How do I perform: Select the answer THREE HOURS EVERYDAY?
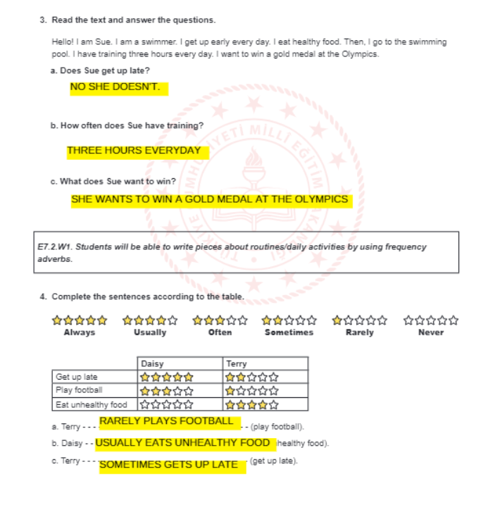coord(134,151)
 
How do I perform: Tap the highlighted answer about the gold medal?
coord(209,199)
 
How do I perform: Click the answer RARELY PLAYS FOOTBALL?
coord(166,421)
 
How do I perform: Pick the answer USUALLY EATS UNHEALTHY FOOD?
coord(182,443)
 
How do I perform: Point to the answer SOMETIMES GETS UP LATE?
coord(169,465)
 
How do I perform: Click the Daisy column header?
coord(152,363)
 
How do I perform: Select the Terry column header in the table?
coord(237,363)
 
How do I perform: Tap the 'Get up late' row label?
coord(77,377)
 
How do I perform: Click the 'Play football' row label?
coord(79,390)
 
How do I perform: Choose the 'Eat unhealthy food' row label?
coord(92,404)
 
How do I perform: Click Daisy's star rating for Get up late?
coord(166,377)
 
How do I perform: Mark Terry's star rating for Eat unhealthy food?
coord(251,404)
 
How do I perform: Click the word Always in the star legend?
coord(80,332)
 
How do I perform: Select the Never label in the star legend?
coord(430,332)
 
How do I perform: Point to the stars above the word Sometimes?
coord(289,320)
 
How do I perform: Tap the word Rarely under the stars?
coord(359,332)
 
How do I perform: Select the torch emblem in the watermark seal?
coord(253,166)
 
